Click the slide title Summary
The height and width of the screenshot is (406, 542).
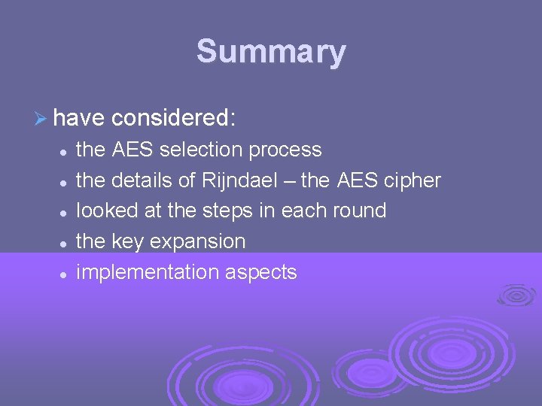click(271, 52)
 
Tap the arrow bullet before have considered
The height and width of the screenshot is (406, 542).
click(41, 118)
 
